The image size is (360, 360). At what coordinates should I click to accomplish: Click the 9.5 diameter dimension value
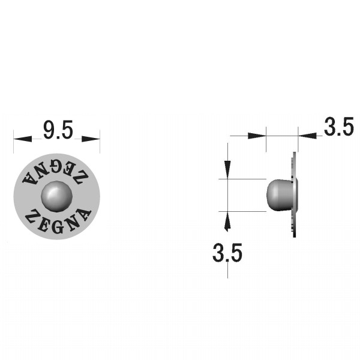pyautogui.click(x=58, y=130)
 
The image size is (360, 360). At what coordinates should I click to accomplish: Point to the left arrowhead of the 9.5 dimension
pyautogui.click(x=23, y=139)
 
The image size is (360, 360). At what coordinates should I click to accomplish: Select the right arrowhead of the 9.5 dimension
pyautogui.click(x=91, y=139)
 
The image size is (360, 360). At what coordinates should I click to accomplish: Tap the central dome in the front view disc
pyautogui.click(x=57, y=196)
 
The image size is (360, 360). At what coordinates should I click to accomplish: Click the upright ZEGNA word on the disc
pyautogui.click(x=58, y=221)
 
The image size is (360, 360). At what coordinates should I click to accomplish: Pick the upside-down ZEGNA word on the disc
pyautogui.click(x=56, y=173)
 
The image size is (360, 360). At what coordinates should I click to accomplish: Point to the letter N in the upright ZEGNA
pyautogui.click(x=72, y=223)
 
